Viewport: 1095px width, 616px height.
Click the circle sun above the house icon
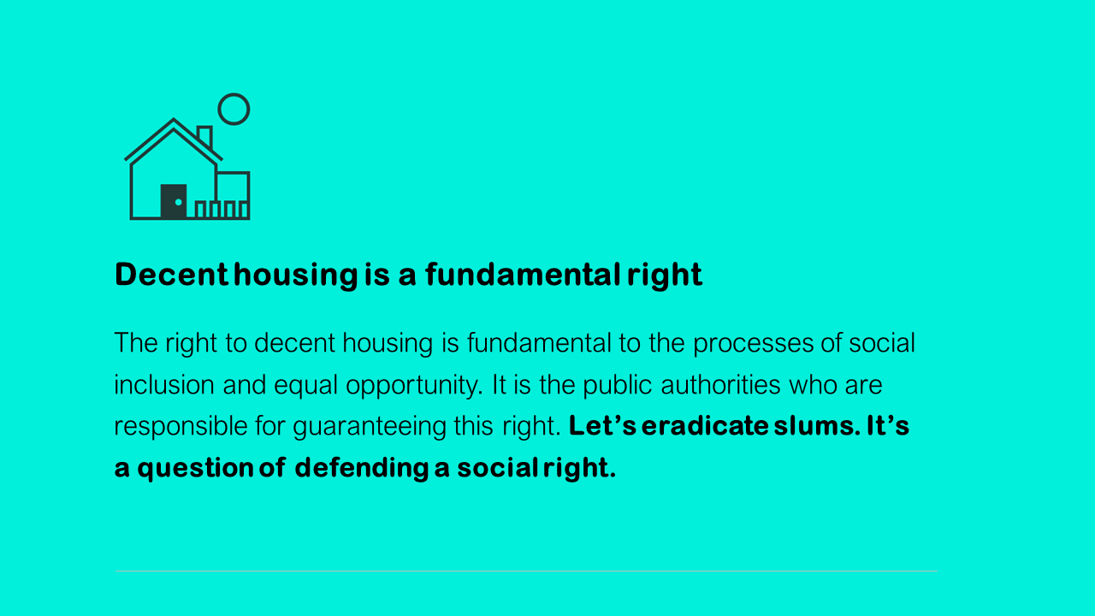pyautogui.click(x=234, y=94)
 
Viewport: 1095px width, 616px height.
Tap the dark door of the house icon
pyautogui.click(x=174, y=201)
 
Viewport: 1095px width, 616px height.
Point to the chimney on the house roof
pyautogui.click(x=204, y=135)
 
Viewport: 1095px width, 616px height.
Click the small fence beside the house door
pyautogui.click(x=222, y=210)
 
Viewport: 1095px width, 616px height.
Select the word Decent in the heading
pyautogui.click(x=172, y=275)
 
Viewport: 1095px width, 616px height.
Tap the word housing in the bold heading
pyautogui.click(x=296, y=275)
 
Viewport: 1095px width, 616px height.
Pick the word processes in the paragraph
pyautogui.click(x=753, y=344)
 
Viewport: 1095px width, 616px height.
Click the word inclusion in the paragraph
pyautogui.click(x=164, y=385)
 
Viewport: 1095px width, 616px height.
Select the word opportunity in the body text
pyautogui.click(x=415, y=386)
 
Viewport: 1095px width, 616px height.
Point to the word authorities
pyautogui.click(x=720, y=385)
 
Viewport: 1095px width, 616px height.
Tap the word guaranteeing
pyautogui.click(x=370, y=427)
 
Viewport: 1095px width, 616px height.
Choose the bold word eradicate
pyautogui.click(x=705, y=425)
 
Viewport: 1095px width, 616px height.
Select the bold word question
pyautogui.click(x=195, y=469)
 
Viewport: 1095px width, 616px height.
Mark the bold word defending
pyautogui.click(x=362, y=469)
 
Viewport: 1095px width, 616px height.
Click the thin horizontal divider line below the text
pyautogui.click(x=526, y=571)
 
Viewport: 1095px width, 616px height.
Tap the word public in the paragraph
pyautogui.click(x=618, y=386)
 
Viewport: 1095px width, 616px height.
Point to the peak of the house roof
pyautogui.click(x=174, y=119)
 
